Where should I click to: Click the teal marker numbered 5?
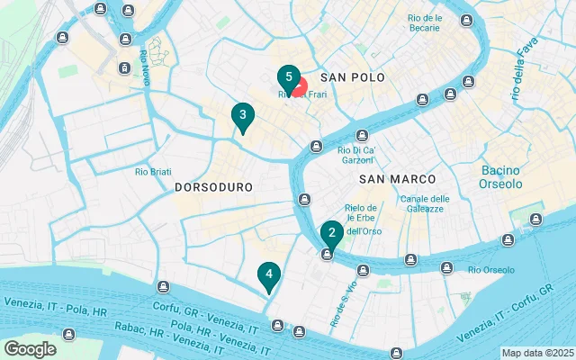click(288, 77)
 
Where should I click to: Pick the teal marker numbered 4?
click(268, 274)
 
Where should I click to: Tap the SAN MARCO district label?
click(391, 179)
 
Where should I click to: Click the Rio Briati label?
click(153, 172)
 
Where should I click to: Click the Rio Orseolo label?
click(490, 270)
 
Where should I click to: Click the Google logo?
click(30, 349)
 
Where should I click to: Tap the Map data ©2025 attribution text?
click(536, 353)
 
